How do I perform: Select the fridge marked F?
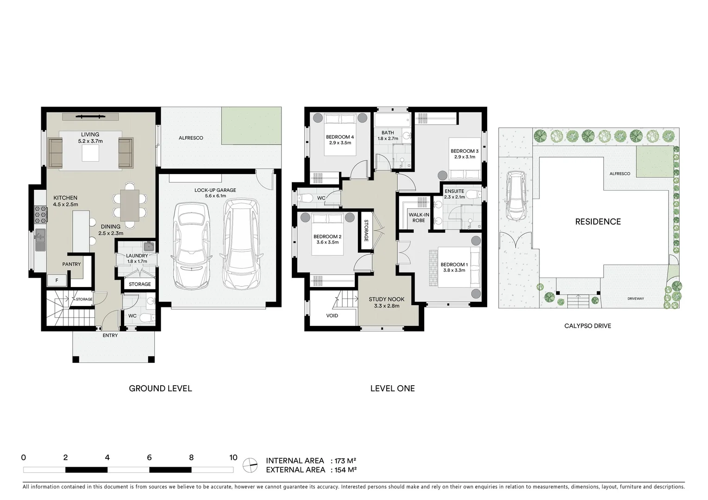pos(57,281)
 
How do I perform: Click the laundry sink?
pos(148,246)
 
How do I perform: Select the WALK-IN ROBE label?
pos(419,218)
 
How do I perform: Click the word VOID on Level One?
pos(332,316)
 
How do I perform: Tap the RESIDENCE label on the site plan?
pos(598,222)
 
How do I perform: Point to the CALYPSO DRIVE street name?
pos(587,326)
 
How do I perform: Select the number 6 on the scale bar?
pos(149,457)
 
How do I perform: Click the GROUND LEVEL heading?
pos(160,388)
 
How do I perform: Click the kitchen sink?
pos(40,238)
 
